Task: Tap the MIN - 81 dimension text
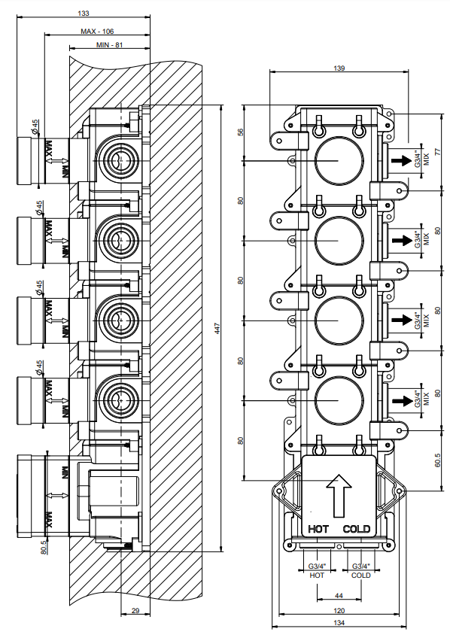pos(110,47)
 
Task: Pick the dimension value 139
pos(339,68)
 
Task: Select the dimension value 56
pos(241,132)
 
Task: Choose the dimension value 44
pos(339,596)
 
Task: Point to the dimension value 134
pos(339,624)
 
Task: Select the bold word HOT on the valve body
pos(319,529)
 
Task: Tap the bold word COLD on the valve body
pos(357,529)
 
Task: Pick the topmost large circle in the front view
pos(338,161)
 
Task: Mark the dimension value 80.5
pos(44,547)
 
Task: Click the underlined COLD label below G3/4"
pos(360,576)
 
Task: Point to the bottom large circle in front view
pos(338,399)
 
